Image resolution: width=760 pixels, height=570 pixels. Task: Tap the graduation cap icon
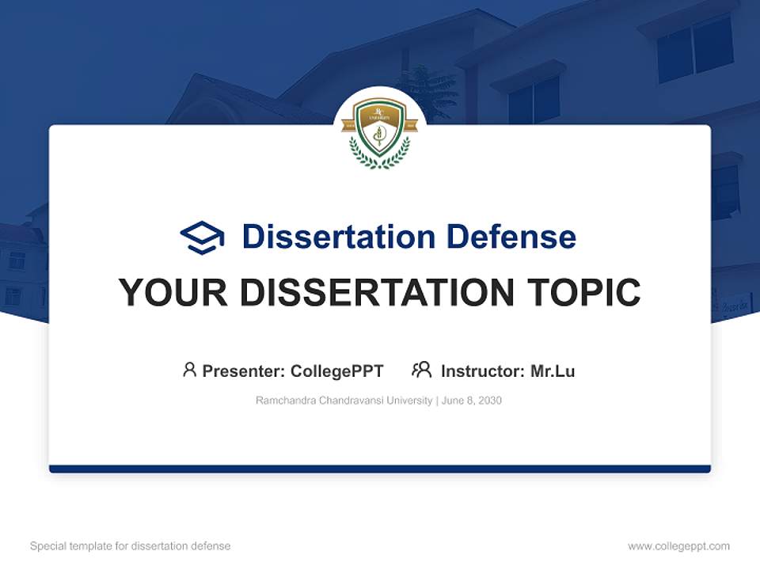click(x=203, y=237)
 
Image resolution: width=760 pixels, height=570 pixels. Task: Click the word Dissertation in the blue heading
click(x=339, y=237)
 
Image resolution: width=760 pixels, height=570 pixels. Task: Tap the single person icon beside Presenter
click(x=189, y=370)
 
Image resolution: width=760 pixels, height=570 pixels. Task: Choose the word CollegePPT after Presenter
click(x=337, y=371)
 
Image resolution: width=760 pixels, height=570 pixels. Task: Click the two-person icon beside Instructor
click(x=422, y=370)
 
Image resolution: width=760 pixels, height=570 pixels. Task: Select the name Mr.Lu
click(x=553, y=371)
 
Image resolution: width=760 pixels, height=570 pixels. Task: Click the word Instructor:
click(x=482, y=371)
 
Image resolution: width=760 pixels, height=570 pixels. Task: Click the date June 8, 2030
click(x=472, y=401)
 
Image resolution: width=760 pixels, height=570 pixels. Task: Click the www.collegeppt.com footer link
click(x=678, y=546)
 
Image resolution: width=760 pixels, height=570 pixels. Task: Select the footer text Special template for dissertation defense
click(x=131, y=546)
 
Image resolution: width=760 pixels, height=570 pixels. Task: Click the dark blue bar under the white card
click(x=380, y=469)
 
